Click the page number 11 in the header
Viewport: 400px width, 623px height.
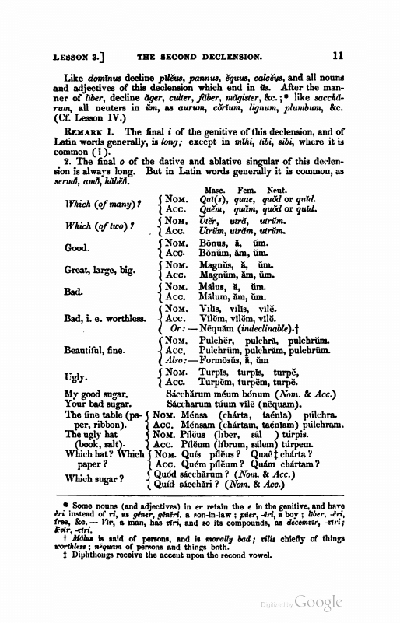click(337, 56)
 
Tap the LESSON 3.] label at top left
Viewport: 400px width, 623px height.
click(79, 56)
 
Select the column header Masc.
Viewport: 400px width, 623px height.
click(214, 190)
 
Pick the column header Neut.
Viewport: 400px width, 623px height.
click(279, 190)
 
